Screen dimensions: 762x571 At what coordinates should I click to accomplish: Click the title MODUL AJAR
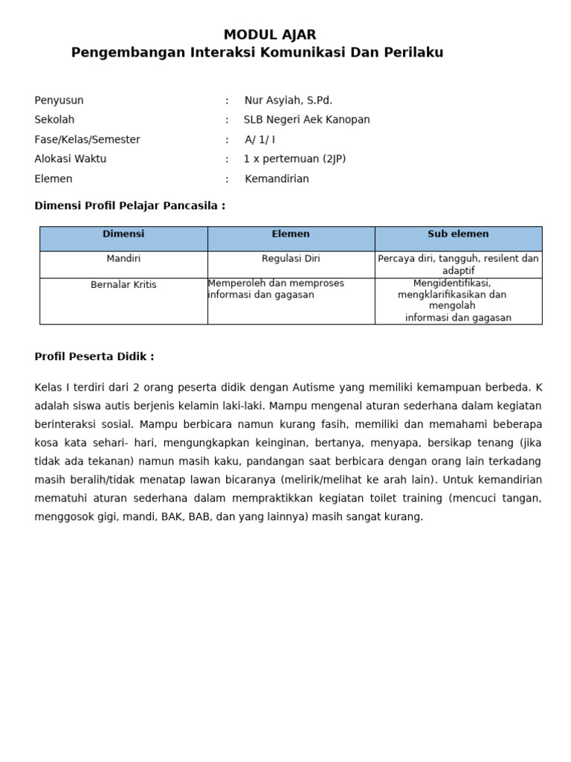click(270, 35)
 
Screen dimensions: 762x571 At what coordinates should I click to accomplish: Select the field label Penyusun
click(59, 100)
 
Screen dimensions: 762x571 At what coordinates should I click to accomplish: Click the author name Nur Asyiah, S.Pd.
click(288, 100)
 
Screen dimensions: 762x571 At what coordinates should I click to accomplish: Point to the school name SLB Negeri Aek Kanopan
click(306, 120)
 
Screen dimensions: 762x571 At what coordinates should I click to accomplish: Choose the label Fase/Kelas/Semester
click(87, 140)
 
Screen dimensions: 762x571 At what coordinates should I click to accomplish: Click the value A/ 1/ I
click(259, 140)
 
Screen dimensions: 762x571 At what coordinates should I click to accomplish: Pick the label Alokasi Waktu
click(70, 159)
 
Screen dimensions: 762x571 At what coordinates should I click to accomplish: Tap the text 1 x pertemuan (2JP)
click(294, 159)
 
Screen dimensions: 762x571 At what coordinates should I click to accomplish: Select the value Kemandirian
click(277, 179)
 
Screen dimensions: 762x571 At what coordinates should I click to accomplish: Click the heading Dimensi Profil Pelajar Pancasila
click(129, 206)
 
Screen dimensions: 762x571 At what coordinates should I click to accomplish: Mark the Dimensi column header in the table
click(123, 234)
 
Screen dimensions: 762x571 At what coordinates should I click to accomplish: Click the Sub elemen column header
click(458, 234)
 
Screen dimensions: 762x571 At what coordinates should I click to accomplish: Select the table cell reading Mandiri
click(123, 259)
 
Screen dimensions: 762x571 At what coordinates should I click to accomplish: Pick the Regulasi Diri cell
click(291, 259)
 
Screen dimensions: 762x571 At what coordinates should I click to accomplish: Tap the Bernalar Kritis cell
click(123, 285)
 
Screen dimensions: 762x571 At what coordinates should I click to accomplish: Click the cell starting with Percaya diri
click(458, 265)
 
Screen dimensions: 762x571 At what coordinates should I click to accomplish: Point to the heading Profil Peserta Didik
click(94, 357)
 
